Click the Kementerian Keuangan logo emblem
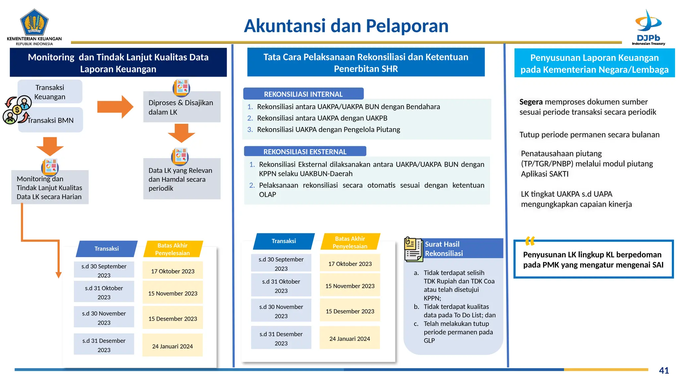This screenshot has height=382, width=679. pyautogui.click(x=34, y=22)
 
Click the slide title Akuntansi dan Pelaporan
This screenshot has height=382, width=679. pyautogui.click(x=346, y=26)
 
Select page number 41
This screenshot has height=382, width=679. pyautogui.click(x=664, y=370)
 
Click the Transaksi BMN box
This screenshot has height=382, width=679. pyautogui.click(x=50, y=120)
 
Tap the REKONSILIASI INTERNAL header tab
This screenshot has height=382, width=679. pyautogui.click(x=303, y=94)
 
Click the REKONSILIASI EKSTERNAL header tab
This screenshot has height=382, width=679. pyautogui.click(x=305, y=152)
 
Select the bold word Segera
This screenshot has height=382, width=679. pyautogui.click(x=531, y=102)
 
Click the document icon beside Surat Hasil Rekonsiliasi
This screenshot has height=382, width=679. pyautogui.click(x=413, y=249)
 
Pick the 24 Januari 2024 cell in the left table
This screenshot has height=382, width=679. pyautogui.click(x=172, y=346)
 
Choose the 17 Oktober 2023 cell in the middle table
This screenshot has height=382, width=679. pyautogui.click(x=350, y=264)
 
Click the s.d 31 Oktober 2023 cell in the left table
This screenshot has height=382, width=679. pyautogui.click(x=104, y=292)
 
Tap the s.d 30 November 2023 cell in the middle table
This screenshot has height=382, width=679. pyautogui.click(x=281, y=311)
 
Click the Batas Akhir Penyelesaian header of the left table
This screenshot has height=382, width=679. pyautogui.click(x=172, y=249)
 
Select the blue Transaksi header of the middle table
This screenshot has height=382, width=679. pyautogui.click(x=283, y=241)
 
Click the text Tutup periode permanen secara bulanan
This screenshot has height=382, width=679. pyautogui.click(x=589, y=135)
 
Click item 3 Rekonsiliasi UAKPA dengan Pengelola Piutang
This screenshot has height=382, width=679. pyautogui.click(x=328, y=129)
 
